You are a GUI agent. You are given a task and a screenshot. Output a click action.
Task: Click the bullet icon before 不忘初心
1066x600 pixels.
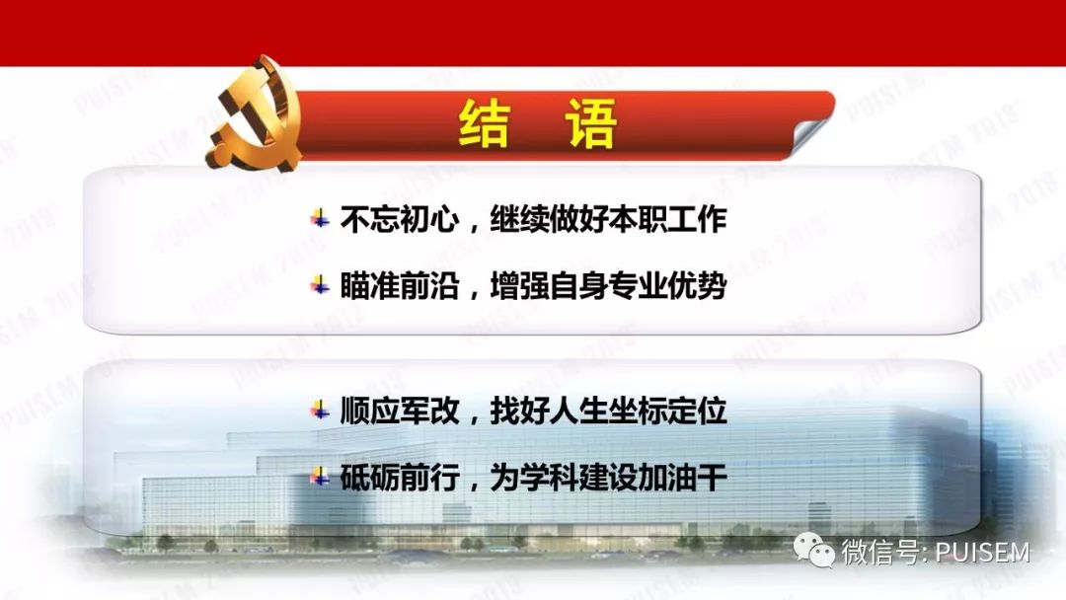[320, 219]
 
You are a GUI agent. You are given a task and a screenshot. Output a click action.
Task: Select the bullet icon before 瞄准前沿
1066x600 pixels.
[320, 286]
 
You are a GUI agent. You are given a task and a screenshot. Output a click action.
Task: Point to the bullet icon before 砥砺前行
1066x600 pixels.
[320, 478]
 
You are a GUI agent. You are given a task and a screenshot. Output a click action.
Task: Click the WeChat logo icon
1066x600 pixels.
[816, 551]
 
